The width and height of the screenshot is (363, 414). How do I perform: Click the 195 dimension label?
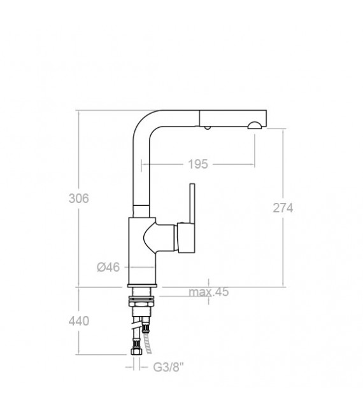point(198,164)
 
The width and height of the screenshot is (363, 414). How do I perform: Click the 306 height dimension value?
point(78,198)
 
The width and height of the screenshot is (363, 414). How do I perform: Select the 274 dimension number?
point(281,207)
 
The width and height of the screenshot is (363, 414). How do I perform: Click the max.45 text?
point(208,293)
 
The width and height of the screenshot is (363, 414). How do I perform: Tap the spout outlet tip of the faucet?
point(254,125)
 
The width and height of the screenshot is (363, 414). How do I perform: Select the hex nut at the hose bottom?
point(136,351)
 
